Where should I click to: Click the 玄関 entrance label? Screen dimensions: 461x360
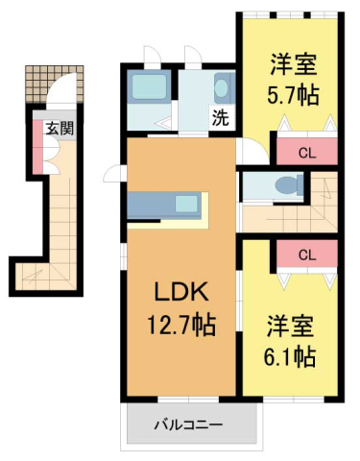tap(53, 126)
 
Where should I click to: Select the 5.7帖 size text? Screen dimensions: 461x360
tap(293, 95)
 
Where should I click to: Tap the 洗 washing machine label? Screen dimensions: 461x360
tap(220, 120)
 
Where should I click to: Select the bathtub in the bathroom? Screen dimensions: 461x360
tap(148, 89)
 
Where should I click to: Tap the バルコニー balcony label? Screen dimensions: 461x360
tap(189, 424)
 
